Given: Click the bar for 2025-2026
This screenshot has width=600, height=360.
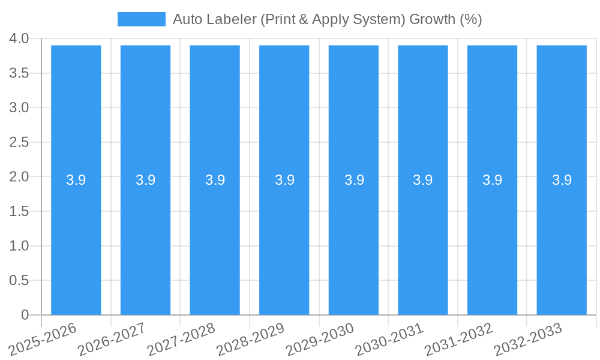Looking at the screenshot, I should [76, 240].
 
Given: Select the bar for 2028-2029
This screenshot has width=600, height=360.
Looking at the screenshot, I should [284, 240].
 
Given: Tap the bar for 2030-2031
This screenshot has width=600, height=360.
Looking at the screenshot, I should [423, 240].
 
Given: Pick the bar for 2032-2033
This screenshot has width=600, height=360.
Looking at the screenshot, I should [562, 240].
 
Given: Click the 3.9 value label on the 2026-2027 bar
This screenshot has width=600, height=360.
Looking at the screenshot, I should [145, 180].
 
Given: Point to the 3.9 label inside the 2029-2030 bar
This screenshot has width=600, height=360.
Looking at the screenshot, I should [354, 180].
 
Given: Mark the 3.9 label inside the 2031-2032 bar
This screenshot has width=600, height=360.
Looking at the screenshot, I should [493, 180].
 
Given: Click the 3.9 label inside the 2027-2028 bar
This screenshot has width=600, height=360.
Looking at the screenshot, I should [215, 180].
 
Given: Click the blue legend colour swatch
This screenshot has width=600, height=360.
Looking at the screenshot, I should [141, 19].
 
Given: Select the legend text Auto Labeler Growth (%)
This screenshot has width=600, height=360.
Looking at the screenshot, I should [327, 19].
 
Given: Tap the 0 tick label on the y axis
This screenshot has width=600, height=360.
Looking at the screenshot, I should [25, 315].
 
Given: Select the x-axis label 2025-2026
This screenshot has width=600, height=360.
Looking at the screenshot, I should [43, 338].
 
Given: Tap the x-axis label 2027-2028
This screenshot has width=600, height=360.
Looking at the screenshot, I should [182, 338].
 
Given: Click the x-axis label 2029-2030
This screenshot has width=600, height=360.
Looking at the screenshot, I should [320, 338].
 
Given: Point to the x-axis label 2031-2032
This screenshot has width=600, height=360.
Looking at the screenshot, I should [459, 338].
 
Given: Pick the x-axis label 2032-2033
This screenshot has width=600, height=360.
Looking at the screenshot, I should [529, 338].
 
